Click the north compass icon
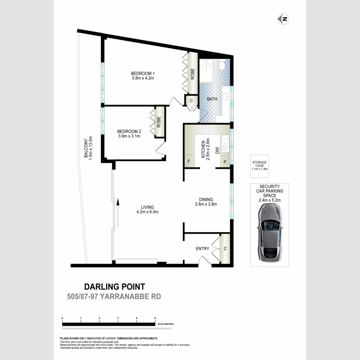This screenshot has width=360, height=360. [283, 19]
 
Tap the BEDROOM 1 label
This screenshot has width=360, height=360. [142, 74]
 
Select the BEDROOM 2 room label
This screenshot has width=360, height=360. [129, 131]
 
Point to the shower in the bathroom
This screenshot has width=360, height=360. [207, 71]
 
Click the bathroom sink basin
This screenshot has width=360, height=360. [225, 97]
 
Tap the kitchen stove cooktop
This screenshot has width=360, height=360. [206, 129]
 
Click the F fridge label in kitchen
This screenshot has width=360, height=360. [189, 162]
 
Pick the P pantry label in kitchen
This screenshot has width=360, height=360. [225, 162]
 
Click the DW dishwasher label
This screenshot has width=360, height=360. [217, 151]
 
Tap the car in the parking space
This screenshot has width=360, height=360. [270, 233]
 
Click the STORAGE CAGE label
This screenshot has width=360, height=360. [260, 164]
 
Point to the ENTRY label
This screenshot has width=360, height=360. [202, 249]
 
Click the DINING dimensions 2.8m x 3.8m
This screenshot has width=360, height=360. [206, 204]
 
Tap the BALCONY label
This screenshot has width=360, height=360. [86, 148]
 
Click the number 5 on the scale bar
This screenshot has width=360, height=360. [155, 318]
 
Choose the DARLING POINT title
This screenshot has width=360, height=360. [115, 287]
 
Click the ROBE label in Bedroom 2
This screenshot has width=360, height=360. [159, 122]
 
